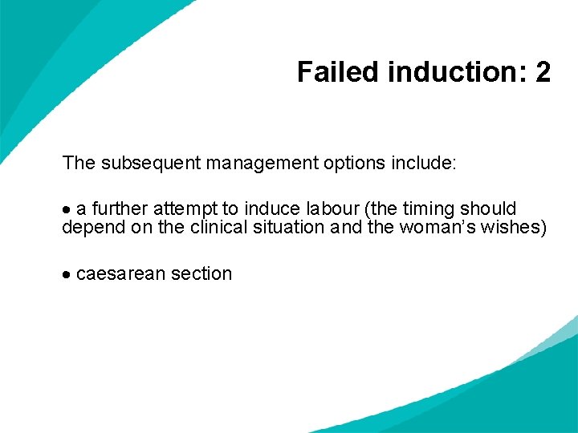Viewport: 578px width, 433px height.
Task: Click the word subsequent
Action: (150, 164)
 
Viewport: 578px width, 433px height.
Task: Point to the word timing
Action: (428, 209)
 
